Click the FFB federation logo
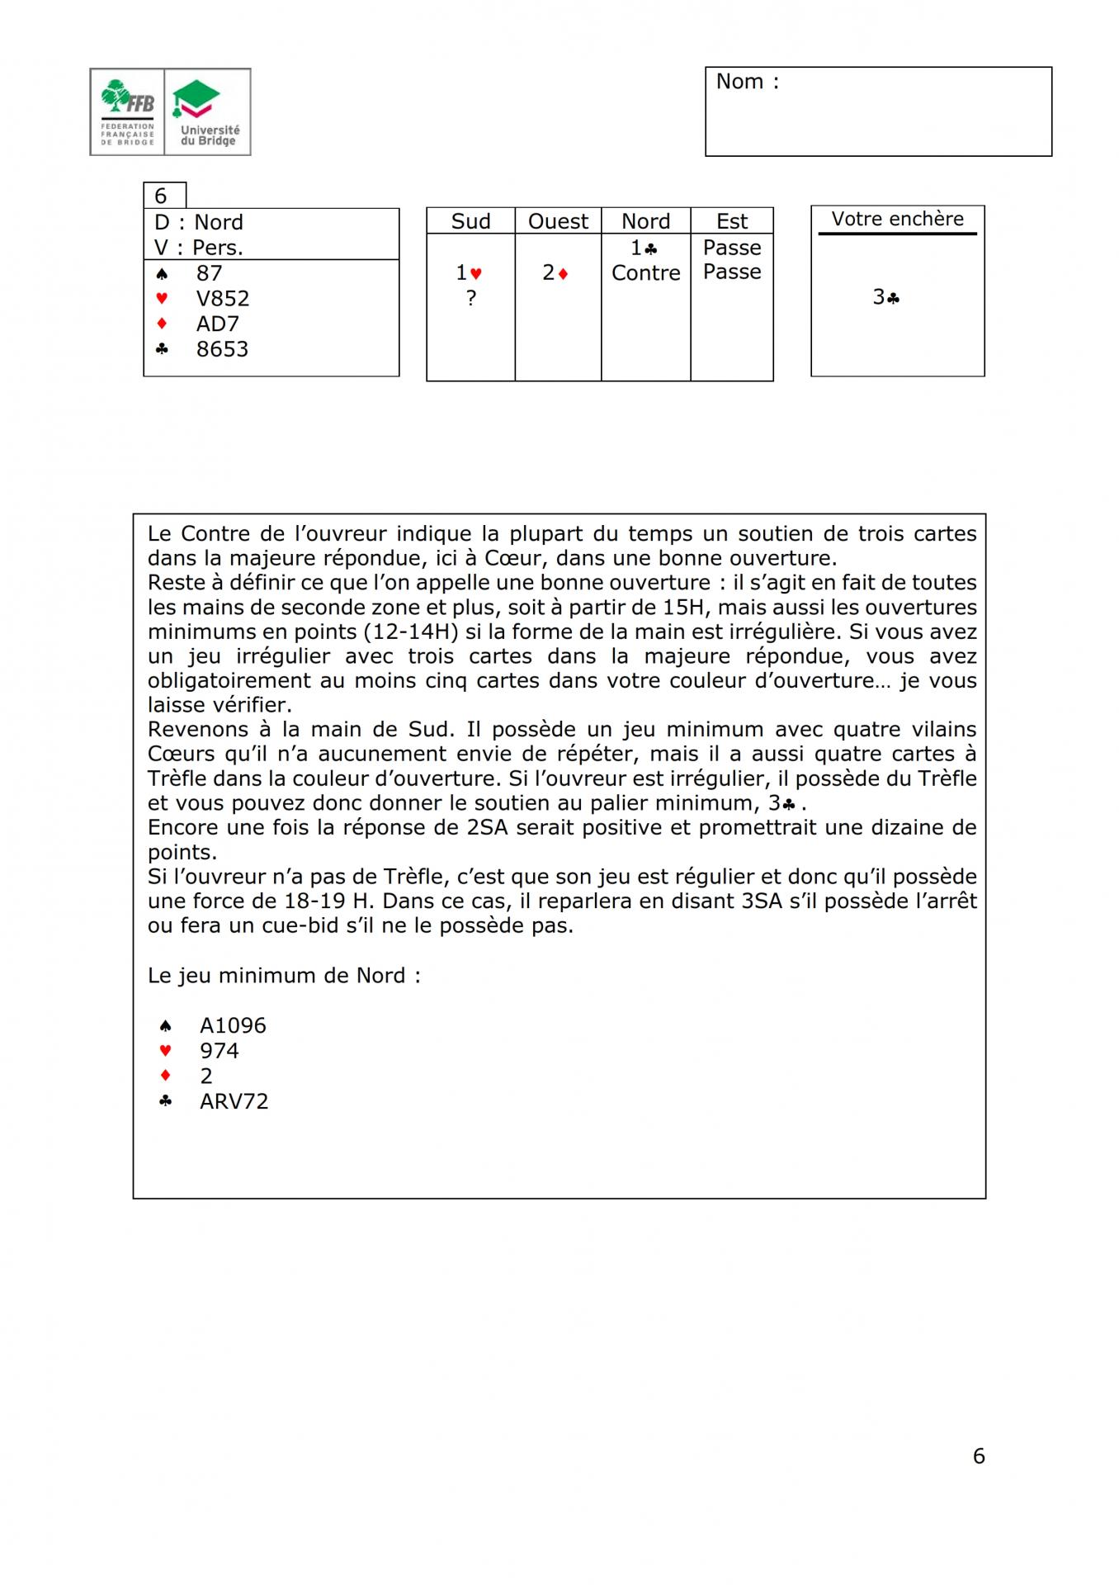[127, 112]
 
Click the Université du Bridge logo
[208, 112]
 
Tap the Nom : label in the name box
[747, 82]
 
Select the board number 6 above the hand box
[161, 196]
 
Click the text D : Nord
[198, 222]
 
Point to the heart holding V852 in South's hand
[222, 298]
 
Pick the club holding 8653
[222, 349]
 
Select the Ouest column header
[558, 221]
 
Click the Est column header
[731, 221]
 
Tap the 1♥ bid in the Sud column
[469, 273]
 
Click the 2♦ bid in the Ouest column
[555, 273]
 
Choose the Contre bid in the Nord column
[645, 272]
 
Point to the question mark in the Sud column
[470, 298]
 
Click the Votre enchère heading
[897, 219]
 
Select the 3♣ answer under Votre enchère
[885, 297]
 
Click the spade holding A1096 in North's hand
[233, 1025]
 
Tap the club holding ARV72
[234, 1101]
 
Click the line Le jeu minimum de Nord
[284, 975]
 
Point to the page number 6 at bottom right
[979, 1455]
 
